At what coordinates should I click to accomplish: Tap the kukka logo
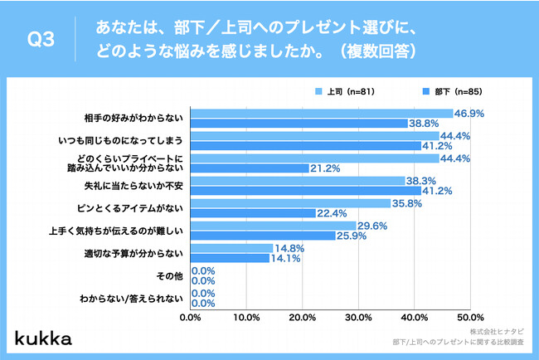coord(42,338)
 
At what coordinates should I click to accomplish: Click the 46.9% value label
coord(469,112)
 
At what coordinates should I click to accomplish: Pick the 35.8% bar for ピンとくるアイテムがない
coord(291,202)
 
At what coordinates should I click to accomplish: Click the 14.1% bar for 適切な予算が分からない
coord(231,258)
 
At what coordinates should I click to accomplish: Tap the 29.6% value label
coord(372,225)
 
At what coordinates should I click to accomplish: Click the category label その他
coord(170,275)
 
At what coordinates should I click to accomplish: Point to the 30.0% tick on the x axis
coord(358,316)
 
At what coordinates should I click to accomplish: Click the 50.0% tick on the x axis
coord(470,316)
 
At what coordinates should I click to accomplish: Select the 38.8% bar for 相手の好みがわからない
coord(299,123)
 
